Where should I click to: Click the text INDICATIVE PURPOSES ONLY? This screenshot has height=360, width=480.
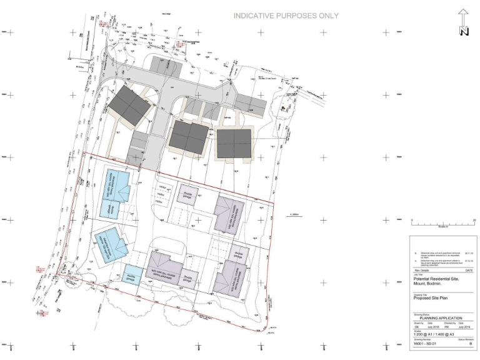point(286,16)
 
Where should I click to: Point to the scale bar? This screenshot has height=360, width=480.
point(443,222)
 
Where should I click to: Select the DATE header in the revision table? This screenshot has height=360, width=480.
point(469,269)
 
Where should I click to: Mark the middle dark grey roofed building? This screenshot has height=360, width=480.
point(189,137)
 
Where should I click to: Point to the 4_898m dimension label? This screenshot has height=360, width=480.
point(295,216)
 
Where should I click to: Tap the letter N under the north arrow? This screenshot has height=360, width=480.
point(463,32)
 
